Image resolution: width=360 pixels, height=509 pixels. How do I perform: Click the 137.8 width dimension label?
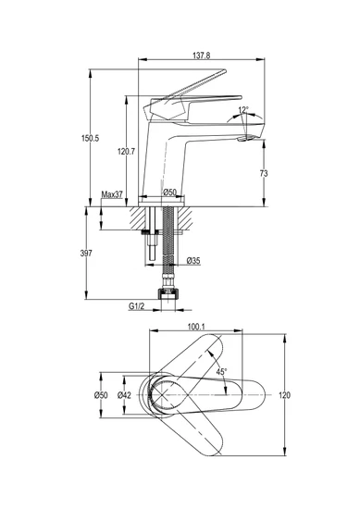[x=201, y=56]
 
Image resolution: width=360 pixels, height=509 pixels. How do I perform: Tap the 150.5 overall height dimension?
[x=90, y=138]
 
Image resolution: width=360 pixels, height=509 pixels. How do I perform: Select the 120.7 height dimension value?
[x=126, y=151]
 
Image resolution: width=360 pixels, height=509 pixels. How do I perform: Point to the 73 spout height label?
[x=264, y=174]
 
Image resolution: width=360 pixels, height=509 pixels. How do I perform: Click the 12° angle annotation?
[x=243, y=110]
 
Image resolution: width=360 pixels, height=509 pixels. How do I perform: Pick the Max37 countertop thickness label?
[x=112, y=194]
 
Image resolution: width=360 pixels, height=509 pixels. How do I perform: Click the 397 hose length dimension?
[x=86, y=254]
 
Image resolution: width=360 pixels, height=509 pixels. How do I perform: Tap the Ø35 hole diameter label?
[x=193, y=260]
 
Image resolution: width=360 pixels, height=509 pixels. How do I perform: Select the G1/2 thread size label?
[x=136, y=306]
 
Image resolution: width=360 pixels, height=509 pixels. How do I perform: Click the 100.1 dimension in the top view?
[x=196, y=327]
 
